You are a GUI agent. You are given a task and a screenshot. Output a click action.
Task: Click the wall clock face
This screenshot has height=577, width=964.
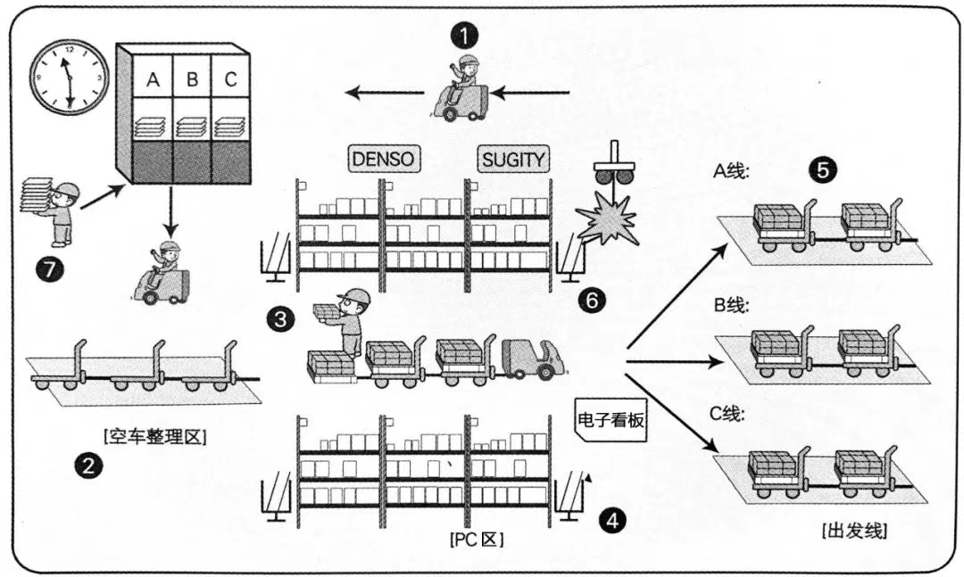[x=69, y=77]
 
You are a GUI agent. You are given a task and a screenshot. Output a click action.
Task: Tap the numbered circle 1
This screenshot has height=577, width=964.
[x=464, y=36]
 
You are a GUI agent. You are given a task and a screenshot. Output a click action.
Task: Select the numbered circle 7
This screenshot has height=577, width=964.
[x=49, y=269]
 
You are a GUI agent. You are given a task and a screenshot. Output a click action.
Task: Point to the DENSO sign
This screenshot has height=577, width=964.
[x=383, y=160]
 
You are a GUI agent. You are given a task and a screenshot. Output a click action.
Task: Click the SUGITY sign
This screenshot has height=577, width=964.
[x=512, y=160]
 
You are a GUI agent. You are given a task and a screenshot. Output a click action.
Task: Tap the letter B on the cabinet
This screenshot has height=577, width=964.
[x=192, y=79]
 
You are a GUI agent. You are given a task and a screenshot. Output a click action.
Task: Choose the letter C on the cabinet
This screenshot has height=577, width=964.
[x=230, y=79]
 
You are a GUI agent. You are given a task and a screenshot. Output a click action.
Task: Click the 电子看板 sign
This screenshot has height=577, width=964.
[x=611, y=420]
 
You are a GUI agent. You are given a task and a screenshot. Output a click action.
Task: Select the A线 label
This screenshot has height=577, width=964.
[x=731, y=171]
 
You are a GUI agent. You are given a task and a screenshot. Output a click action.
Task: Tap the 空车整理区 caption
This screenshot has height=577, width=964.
[x=155, y=438]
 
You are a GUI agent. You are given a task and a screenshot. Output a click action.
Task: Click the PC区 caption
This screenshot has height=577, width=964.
[x=477, y=540]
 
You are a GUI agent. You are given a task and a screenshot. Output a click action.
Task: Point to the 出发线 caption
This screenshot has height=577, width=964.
[x=854, y=531]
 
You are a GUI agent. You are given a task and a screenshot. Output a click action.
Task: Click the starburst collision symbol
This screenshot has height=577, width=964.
[x=606, y=218]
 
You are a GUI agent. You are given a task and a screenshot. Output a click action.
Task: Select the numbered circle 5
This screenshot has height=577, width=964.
[x=823, y=169]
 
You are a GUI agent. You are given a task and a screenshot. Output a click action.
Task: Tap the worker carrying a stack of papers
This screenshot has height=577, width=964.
[x=54, y=210]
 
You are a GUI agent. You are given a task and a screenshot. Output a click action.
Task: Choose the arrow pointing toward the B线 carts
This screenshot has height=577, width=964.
[x=675, y=361]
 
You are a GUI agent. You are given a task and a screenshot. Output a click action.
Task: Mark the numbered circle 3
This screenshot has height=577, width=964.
[x=280, y=319]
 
